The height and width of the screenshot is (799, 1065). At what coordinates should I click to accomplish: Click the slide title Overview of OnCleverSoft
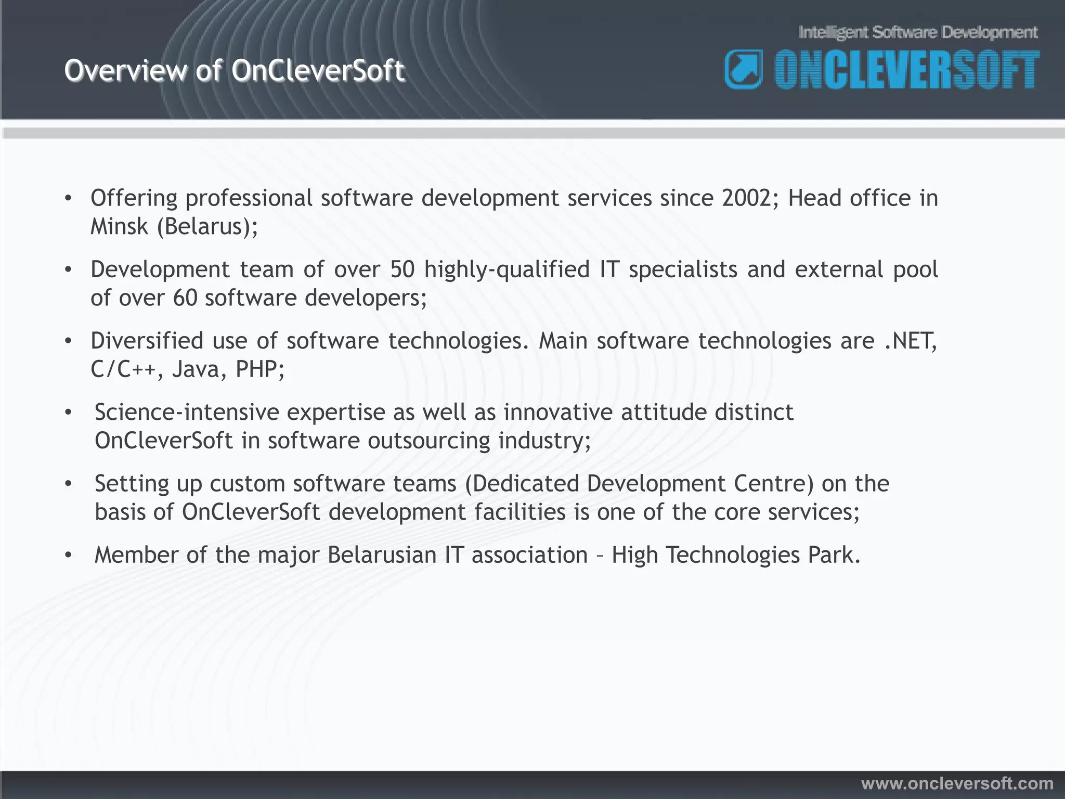pos(234,71)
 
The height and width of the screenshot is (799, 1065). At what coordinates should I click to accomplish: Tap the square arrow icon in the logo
pos(744,69)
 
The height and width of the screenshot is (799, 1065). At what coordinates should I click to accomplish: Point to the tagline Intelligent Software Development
pos(918,33)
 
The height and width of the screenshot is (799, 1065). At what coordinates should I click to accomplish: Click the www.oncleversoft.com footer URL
pos(957,783)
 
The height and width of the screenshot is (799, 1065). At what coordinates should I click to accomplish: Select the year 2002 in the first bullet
pos(750,198)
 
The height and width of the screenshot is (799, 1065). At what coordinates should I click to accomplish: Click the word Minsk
pos(119,226)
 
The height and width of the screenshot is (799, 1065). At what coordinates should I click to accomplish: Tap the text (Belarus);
pos(207,227)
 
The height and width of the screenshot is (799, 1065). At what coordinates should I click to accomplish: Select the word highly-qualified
pos(506,270)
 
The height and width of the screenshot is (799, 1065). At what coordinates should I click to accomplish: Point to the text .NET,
pos(911,341)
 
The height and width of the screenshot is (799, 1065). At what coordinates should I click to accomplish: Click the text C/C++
pos(123,369)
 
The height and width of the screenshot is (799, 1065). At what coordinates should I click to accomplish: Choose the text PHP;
pos(259,369)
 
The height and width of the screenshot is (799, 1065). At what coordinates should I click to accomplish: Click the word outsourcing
pos(428,441)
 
